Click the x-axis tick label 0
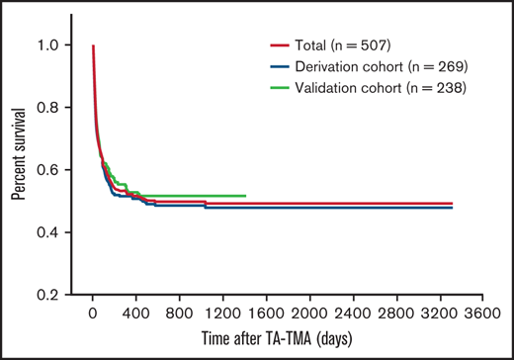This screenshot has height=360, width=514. click(92, 314)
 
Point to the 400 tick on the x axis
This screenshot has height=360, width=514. click(135, 314)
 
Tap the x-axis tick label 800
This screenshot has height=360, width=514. click(180, 314)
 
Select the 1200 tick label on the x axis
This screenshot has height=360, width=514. click(223, 314)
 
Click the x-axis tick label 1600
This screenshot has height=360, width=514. click(267, 314)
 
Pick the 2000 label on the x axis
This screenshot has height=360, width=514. click(310, 314)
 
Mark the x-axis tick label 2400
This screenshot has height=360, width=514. click(354, 314)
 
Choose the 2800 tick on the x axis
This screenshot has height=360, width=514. click(397, 314)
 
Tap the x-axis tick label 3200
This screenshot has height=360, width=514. click(441, 314)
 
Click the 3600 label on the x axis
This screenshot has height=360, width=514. click(484, 314)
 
